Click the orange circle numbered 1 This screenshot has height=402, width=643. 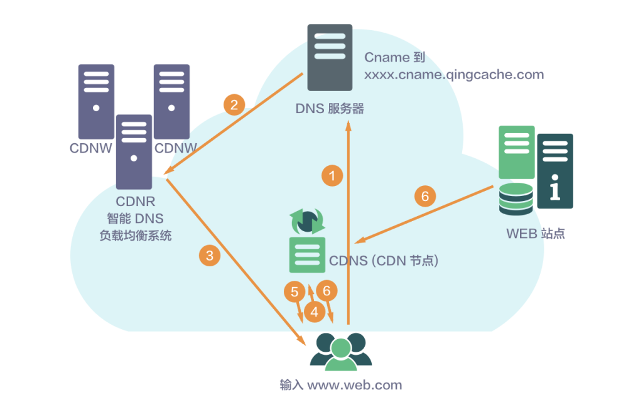(x=332, y=176)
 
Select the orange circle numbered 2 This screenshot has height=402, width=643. (x=234, y=104)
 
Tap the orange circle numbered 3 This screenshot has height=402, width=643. (x=210, y=255)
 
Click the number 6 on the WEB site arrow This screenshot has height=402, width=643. (x=425, y=197)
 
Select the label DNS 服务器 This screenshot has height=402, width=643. (x=330, y=109)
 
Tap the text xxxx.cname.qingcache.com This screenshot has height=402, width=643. (x=454, y=75)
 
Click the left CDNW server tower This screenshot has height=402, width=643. (x=96, y=101)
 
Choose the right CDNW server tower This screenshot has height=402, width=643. (x=171, y=101)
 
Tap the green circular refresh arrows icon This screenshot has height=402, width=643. (x=306, y=221)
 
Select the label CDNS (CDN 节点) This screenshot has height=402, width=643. (x=383, y=260)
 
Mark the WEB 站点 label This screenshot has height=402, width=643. (x=535, y=234)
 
